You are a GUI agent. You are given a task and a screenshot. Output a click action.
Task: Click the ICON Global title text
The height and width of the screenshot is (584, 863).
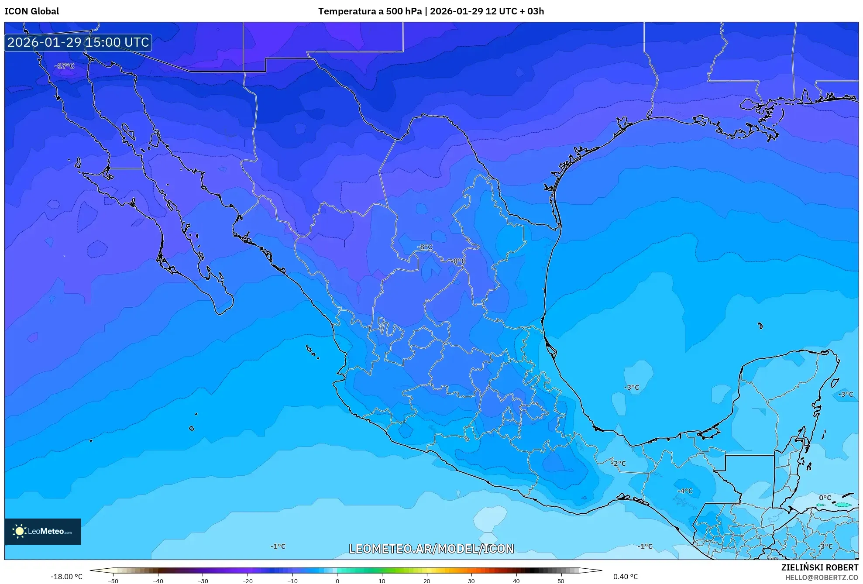31,11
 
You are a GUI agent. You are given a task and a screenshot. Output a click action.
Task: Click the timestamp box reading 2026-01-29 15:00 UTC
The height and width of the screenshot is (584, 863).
78,42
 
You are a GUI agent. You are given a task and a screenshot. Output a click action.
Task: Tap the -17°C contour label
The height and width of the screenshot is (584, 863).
65,66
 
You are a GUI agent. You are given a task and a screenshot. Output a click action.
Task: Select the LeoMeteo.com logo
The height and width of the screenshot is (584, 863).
43,531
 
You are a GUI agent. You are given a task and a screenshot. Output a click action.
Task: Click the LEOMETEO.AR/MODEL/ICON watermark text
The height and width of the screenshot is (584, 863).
431,549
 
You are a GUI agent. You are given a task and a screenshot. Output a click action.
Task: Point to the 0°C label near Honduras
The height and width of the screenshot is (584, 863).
825,498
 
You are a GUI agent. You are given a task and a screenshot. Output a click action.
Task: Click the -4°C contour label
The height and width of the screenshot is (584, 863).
685,491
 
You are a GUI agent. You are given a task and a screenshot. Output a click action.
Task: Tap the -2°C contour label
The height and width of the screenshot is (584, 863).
619,464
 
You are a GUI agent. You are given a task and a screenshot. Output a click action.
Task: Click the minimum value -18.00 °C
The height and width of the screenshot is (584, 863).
66,577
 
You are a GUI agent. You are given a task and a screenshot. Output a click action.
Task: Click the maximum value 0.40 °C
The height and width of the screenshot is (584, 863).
625,577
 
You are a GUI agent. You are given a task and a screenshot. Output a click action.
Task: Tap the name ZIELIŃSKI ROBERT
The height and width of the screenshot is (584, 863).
819,567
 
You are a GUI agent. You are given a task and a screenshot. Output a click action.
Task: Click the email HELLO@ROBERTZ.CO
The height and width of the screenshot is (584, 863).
822,577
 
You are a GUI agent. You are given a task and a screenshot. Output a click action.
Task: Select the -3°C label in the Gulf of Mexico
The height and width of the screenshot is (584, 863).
631,387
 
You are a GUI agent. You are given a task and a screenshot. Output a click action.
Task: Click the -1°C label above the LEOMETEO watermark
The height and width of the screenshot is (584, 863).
278,546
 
